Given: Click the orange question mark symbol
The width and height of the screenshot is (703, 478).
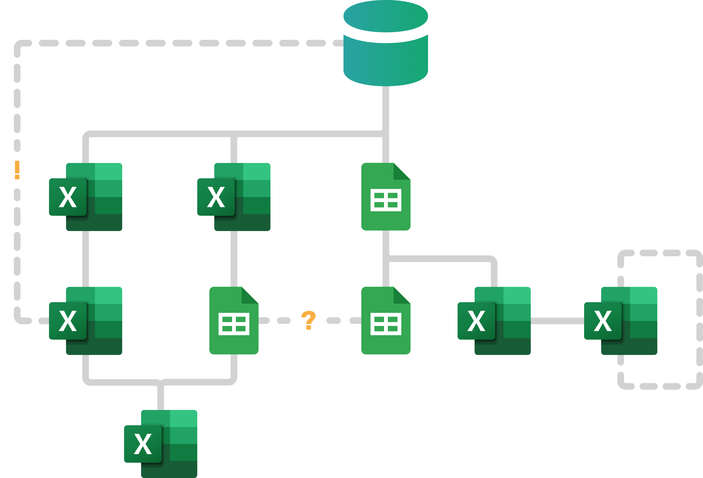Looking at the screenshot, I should [308, 320].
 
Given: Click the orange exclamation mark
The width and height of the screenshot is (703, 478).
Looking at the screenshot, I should [17, 170].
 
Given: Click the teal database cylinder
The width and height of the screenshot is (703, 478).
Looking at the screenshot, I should [386, 61].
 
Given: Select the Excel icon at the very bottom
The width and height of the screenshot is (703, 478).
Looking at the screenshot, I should [161, 444].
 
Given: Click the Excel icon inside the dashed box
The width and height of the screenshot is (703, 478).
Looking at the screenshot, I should [621, 321].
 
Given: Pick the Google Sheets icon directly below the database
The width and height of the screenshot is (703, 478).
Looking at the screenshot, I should [386, 197].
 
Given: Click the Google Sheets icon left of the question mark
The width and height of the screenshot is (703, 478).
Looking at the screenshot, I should [234, 320].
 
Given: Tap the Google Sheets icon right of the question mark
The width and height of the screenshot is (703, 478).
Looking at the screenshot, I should [386, 320].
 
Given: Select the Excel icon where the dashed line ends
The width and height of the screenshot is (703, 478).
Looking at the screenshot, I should [86, 321].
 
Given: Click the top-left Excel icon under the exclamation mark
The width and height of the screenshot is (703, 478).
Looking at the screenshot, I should [86, 197].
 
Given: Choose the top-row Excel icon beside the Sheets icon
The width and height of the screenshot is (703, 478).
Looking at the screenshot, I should [234, 197].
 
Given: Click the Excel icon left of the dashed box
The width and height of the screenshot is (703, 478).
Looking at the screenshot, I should [494, 321].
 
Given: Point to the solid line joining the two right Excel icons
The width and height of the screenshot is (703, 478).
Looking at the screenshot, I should [557, 321].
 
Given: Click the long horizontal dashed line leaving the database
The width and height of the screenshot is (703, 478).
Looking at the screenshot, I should [182, 43].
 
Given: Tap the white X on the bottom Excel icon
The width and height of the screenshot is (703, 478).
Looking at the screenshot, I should [143, 444].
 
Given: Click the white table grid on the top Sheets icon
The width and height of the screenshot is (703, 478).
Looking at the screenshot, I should [386, 200].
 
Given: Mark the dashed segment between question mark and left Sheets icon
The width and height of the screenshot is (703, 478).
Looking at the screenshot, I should [284, 320].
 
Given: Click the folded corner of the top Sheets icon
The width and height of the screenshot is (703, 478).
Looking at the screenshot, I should [402, 171].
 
